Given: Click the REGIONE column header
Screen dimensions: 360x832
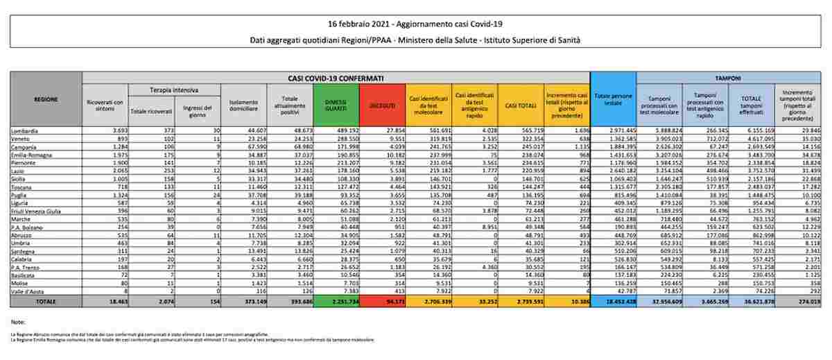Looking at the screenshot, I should point(46,99).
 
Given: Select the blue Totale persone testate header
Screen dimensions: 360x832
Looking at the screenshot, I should point(613,102).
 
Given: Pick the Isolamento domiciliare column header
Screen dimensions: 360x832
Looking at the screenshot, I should point(243,105).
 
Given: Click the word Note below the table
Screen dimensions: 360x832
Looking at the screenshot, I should point(18,323).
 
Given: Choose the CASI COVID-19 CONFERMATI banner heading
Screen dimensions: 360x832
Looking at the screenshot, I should point(336,78).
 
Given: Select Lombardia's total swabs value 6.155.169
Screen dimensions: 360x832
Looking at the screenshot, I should point(754,130).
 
